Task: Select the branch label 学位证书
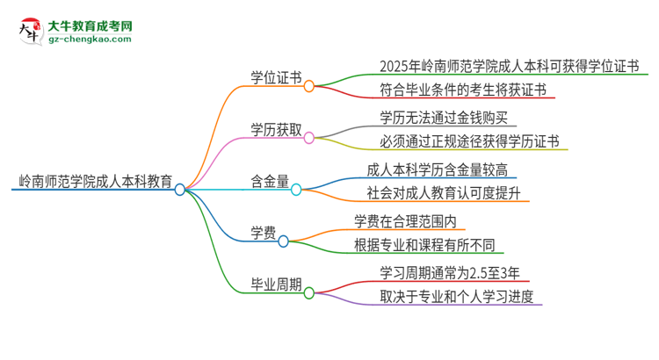275,78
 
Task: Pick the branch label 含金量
270,181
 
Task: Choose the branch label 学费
264,233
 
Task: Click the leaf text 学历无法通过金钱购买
442,116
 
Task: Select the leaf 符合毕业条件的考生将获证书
455,89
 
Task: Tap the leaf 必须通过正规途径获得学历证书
468,141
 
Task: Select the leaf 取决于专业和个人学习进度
456,297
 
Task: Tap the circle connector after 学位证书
308,86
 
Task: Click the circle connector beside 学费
284,241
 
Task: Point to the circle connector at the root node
180,189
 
